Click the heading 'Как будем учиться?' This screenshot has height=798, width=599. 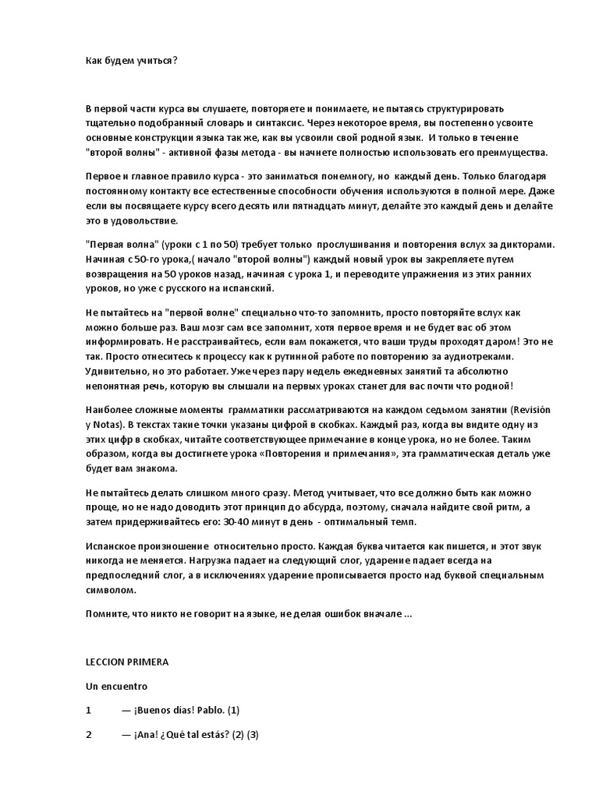pos(131,58)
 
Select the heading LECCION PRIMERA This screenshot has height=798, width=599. pos(127,661)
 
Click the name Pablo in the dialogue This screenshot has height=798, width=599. pos(208,710)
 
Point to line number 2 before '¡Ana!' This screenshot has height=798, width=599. pos(89,735)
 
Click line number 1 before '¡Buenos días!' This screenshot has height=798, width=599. pos(89,710)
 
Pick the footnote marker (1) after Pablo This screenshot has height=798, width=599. pos(234,710)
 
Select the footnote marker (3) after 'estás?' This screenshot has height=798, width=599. pos(252,735)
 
